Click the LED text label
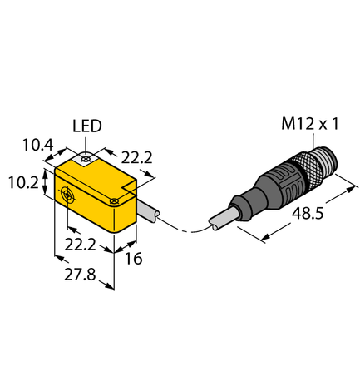87,126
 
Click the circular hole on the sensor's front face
66,196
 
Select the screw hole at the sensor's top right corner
117,199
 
